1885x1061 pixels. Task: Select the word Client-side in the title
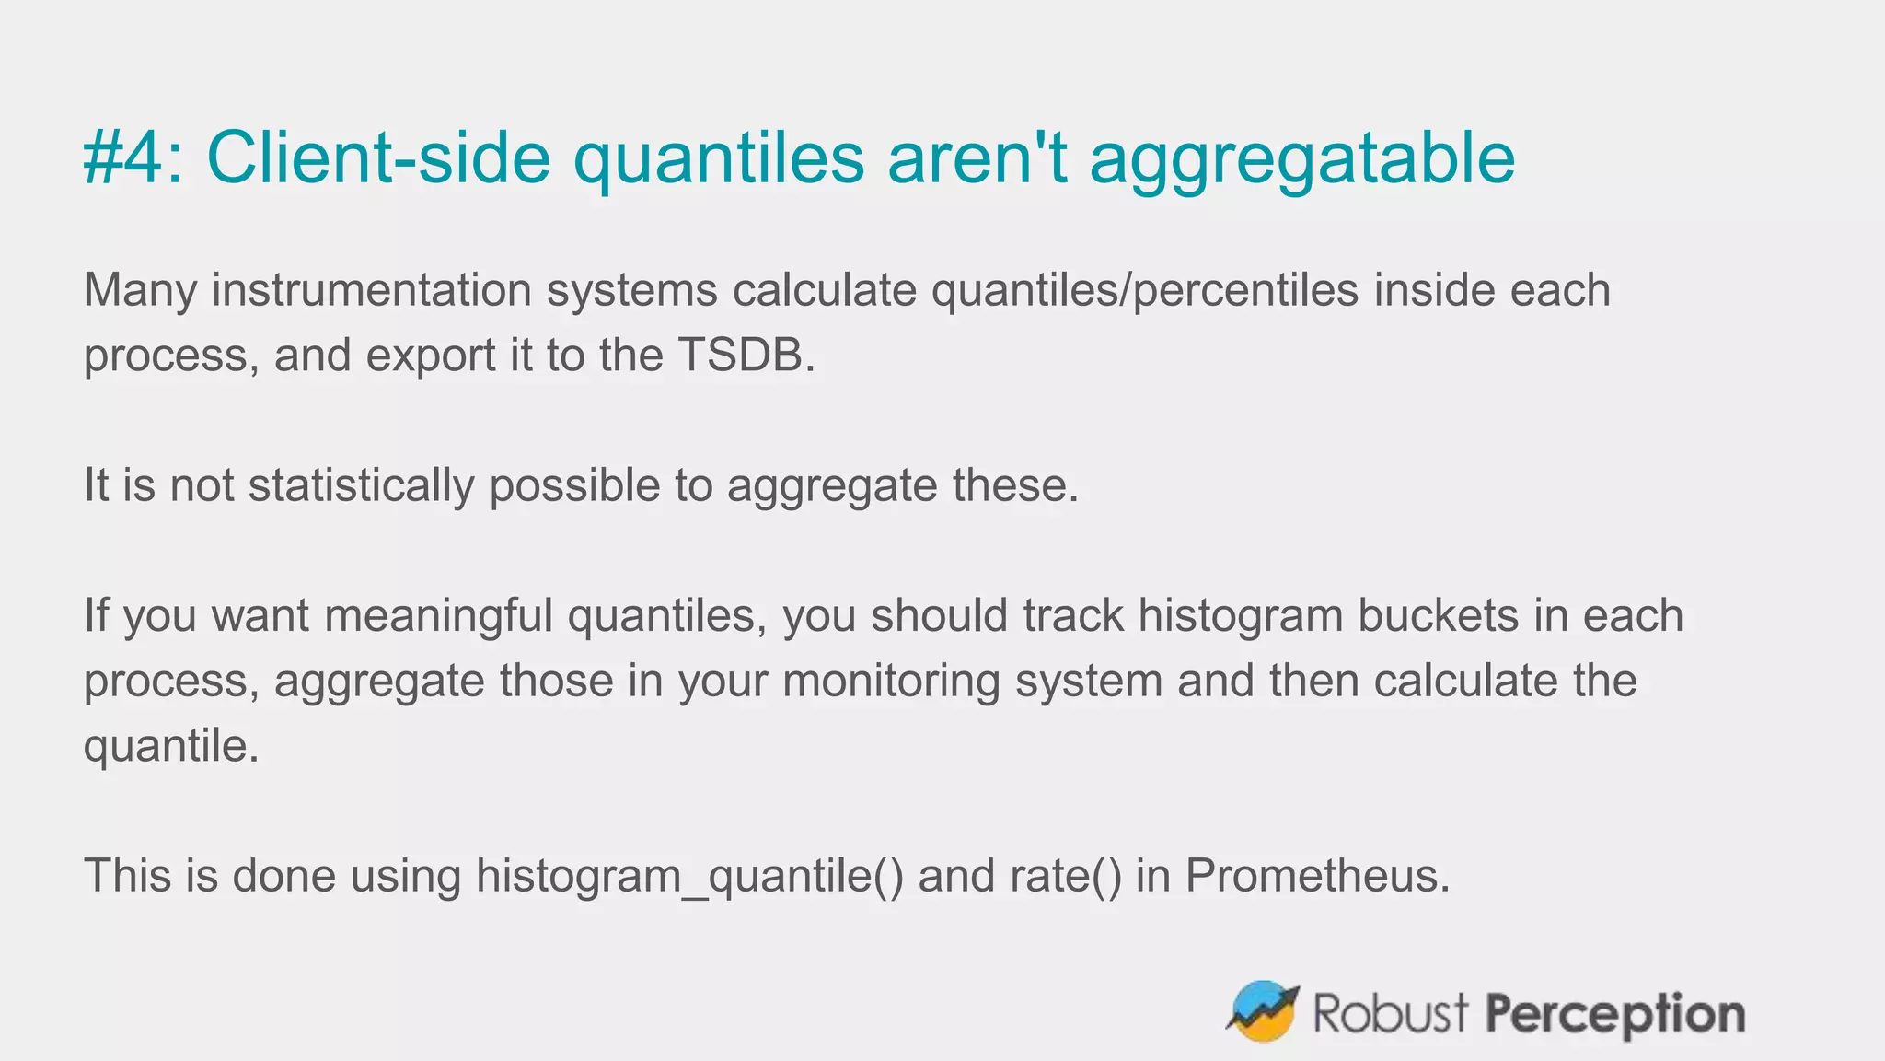(378, 157)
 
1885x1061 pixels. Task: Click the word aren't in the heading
(977, 157)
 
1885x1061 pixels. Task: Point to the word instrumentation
(372, 291)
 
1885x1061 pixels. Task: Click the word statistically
(361, 486)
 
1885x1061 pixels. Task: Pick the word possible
(574, 486)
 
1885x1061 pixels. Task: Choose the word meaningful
(438, 616)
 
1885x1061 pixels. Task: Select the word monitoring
(891, 682)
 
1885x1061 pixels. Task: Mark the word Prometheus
(1316, 876)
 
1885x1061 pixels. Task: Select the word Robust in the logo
(1390, 1013)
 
